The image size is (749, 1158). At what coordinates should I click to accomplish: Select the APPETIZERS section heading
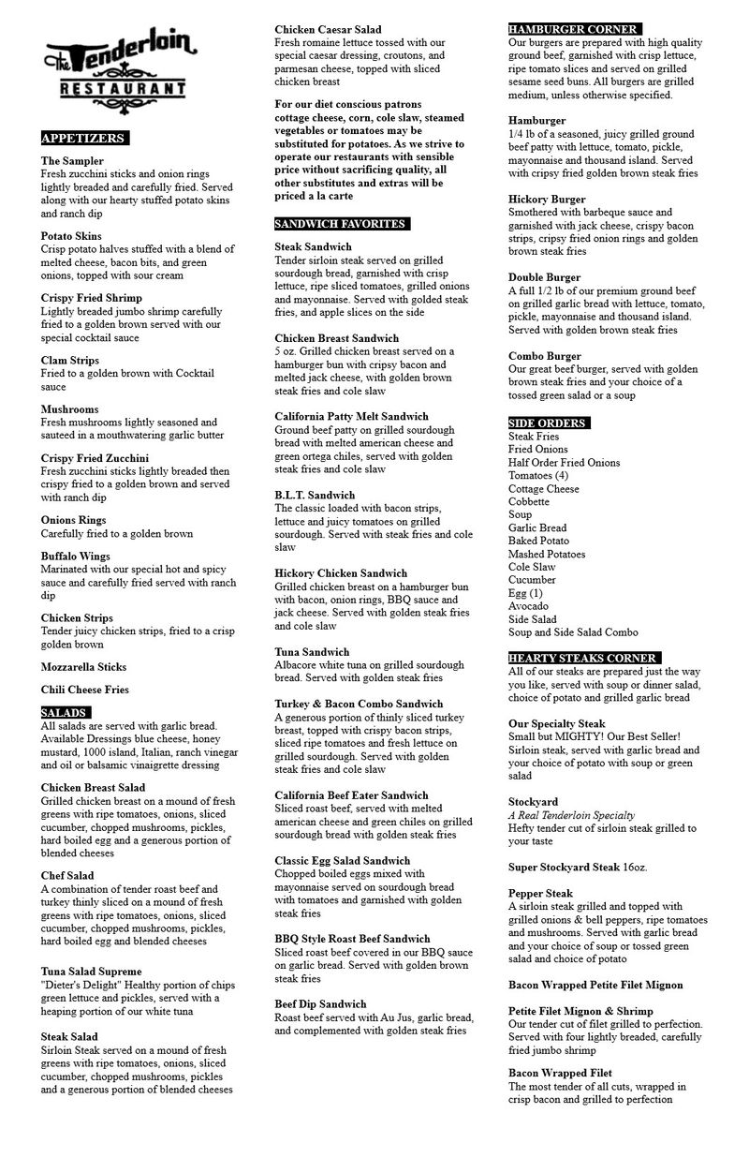[83, 139]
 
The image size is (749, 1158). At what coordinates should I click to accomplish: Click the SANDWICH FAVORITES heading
[341, 225]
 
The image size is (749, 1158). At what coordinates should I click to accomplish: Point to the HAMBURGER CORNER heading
[574, 30]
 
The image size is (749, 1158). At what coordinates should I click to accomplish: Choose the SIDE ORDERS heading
[548, 423]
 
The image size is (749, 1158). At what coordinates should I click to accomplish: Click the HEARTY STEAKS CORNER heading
[583, 659]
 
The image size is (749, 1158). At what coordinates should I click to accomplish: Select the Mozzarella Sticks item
[84, 667]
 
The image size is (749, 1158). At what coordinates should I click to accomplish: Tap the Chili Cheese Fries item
[85, 690]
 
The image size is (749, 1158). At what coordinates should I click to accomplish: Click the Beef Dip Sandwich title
[320, 1004]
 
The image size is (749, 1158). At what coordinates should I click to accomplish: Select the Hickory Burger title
[547, 200]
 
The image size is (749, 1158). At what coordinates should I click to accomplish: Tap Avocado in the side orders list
[528, 606]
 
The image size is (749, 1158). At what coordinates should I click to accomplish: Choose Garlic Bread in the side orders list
[537, 527]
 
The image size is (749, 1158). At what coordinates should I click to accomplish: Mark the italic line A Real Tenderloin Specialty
[571, 815]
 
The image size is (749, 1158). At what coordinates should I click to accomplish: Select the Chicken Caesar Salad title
[328, 30]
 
